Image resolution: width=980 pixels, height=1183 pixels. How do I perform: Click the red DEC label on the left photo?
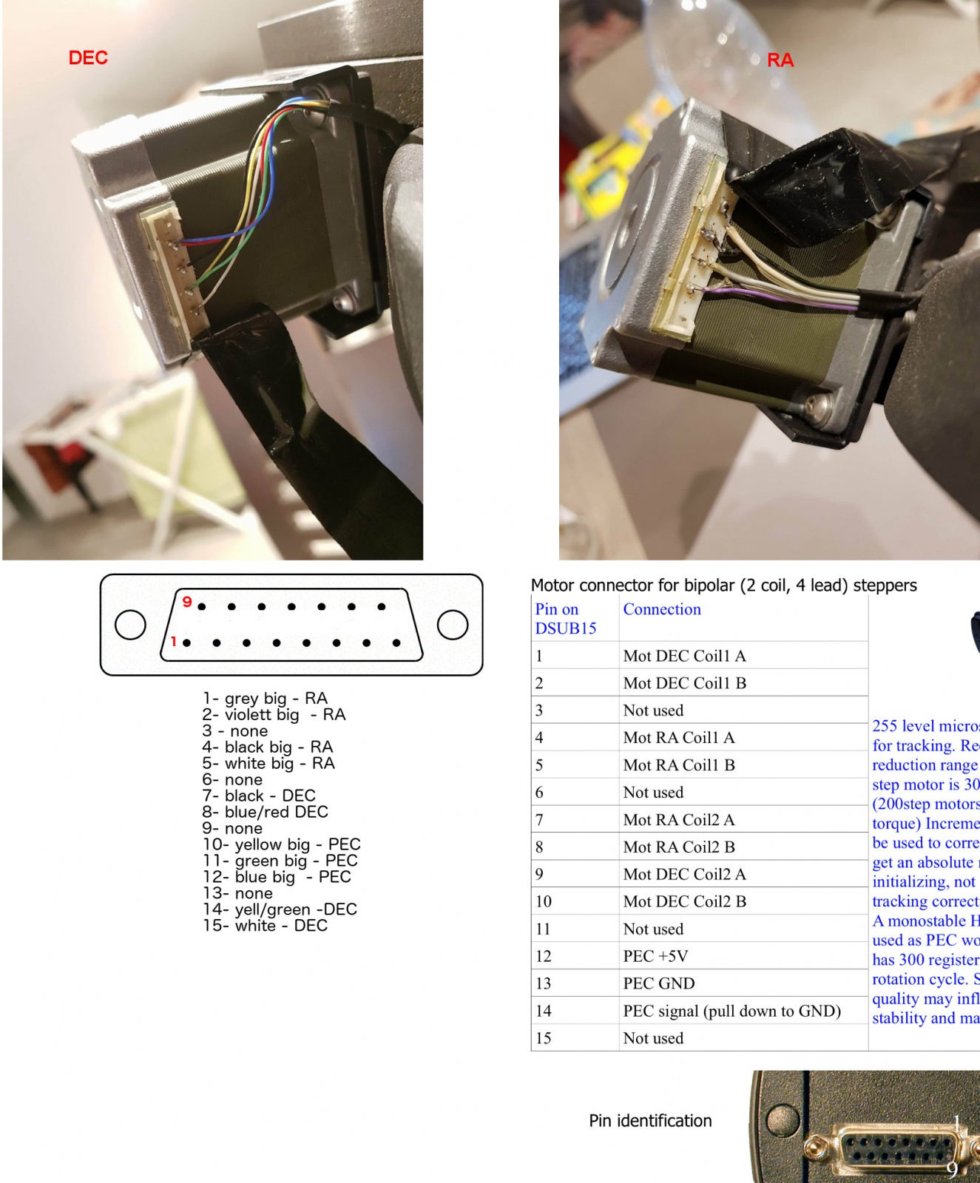(x=88, y=58)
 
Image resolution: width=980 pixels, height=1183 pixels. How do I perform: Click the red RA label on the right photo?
(x=780, y=60)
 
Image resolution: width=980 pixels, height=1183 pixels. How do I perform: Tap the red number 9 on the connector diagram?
(x=187, y=602)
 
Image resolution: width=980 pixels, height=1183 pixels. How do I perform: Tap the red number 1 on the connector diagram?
(x=173, y=642)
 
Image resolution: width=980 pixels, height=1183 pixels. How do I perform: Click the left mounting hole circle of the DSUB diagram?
(x=130, y=625)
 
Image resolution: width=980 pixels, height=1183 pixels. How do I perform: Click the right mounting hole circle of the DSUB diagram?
(x=452, y=625)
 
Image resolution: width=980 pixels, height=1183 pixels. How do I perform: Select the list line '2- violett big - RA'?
(x=274, y=714)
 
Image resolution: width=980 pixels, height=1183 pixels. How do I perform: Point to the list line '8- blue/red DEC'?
(x=265, y=812)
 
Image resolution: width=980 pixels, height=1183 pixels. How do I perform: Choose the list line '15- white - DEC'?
(x=265, y=926)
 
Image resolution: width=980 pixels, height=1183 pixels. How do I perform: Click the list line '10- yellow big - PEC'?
(x=281, y=844)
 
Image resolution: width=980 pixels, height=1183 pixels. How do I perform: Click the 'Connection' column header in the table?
(x=662, y=609)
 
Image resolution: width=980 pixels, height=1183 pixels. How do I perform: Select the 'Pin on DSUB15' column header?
(x=565, y=619)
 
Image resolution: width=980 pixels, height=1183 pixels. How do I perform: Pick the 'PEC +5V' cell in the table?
(x=655, y=956)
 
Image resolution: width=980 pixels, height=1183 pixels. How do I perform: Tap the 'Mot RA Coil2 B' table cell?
(x=678, y=847)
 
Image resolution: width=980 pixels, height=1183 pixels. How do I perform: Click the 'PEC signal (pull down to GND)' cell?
(x=731, y=1011)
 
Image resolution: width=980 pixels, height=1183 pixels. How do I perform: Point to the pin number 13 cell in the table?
(x=544, y=983)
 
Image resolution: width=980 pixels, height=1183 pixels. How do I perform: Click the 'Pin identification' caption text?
(x=650, y=1121)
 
